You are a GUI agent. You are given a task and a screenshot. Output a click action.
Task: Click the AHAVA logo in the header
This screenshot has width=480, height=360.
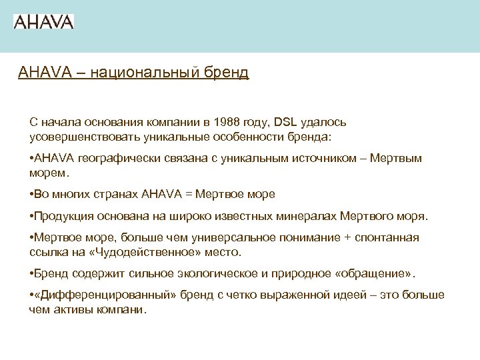43,21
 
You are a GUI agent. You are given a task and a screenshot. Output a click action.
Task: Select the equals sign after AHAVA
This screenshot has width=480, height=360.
189,195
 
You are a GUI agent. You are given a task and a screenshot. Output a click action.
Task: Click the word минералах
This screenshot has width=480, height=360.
303,217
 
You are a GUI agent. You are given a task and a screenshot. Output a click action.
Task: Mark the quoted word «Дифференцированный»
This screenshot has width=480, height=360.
89,296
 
